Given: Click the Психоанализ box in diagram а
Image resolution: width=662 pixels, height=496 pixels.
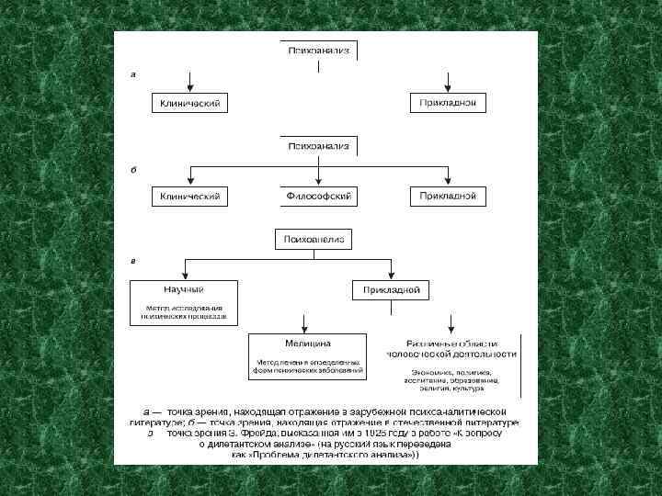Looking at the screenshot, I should point(318,51).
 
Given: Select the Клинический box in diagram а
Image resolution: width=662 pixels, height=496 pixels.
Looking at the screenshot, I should point(190,104).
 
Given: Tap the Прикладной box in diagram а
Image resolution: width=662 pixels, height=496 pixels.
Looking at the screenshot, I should point(448,103).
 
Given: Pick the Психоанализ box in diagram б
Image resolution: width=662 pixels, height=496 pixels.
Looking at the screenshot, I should point(318,146).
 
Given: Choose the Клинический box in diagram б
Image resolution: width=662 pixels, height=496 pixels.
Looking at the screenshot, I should point(190,197).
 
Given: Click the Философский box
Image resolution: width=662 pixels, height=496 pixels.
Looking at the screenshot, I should point(318,197).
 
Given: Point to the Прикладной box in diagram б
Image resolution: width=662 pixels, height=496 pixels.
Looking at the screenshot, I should point(448,197).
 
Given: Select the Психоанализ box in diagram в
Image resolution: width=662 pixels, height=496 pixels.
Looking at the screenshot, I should point(314,240).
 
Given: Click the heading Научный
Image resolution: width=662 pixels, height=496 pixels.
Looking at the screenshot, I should point(184,288).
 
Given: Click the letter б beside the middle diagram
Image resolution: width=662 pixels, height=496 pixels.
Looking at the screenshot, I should point(134,169).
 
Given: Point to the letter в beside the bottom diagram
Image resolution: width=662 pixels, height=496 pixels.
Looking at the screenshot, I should point(134,261).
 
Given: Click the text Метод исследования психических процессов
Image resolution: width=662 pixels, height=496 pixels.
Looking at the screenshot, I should point(184,310).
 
